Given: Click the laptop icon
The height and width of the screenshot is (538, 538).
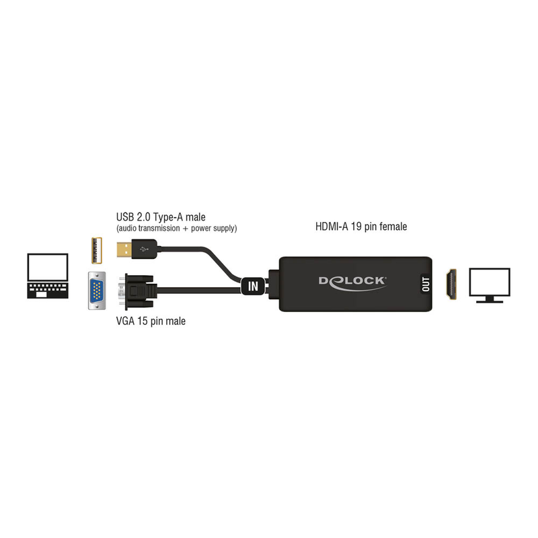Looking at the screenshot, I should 47,276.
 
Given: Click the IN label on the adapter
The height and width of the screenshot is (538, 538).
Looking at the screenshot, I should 253,286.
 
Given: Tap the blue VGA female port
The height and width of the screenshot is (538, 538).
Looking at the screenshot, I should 98,290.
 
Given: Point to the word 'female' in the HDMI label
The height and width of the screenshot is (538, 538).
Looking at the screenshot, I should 393,227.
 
